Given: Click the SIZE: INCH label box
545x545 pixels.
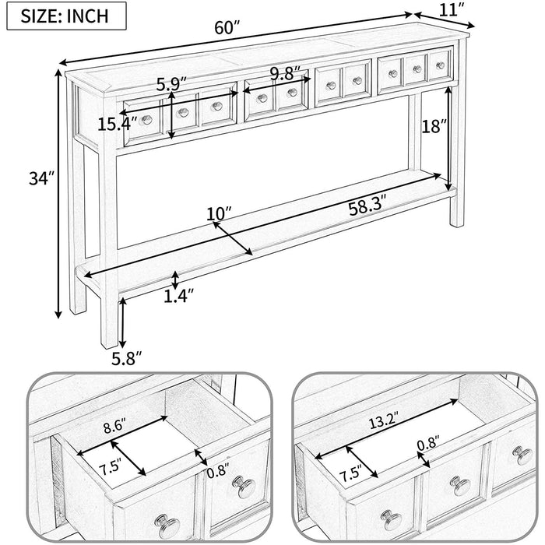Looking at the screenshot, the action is (x=66, y=16).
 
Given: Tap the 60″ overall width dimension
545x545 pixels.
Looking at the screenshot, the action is (x=227, y=28).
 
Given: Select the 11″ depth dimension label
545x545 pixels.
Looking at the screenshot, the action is (x=452, y=10).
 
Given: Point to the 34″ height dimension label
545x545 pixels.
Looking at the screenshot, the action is (x=42, y=179).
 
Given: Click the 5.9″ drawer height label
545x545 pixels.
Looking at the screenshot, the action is (x=171, y=84).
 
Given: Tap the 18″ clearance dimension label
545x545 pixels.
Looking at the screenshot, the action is (x=434, y=126).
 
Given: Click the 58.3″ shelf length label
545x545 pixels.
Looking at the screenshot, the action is (x=367, y=208).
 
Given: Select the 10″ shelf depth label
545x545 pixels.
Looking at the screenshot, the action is (x=219, y=213).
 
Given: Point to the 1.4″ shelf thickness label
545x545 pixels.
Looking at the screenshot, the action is (x=178, y=296).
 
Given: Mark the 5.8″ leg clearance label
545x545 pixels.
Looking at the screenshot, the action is (x=127, y=358).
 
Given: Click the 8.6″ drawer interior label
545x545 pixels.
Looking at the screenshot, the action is (x=114, y=427).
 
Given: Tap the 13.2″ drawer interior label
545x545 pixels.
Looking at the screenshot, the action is (x=383, y=421).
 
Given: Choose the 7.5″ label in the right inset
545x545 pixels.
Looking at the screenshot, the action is (x=350, y=473).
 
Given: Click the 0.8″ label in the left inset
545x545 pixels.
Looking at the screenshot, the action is (x=218, y=471).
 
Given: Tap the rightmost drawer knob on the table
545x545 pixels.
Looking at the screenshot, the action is (x=441, y=65).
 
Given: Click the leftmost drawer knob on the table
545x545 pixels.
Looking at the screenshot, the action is (x=146, y=120).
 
